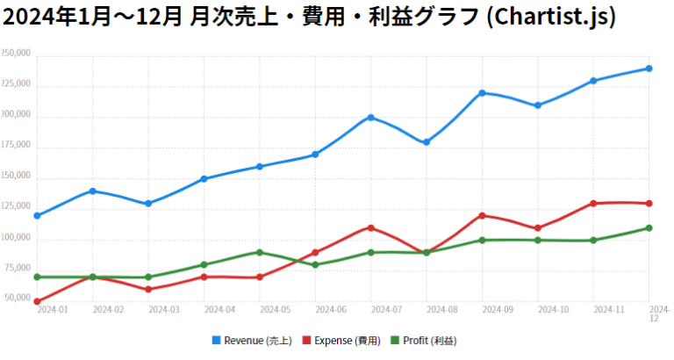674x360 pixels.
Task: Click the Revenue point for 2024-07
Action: [x=371, y=117]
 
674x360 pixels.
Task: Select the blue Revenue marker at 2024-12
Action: [x=649, y=68]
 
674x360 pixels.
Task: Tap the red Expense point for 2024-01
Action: [x=37, y=301]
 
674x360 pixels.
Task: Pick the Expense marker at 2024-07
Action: [x=371, y=227]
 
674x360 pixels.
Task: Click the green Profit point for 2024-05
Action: [x=260, y=252]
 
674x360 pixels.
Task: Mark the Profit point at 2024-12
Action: [x=649, y=227]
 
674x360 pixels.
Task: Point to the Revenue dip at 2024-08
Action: [x=427, y=142]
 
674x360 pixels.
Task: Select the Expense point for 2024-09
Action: [x=483, y=215]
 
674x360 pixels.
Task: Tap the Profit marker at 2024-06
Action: [x=315, y=264]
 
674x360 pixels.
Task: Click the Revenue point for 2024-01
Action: [x=37, y=215]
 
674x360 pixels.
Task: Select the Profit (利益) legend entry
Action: [x=423, y=341]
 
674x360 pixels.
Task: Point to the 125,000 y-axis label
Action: [x=16, y=207]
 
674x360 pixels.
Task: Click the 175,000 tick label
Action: [x=16, y=146]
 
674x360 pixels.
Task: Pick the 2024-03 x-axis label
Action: [x=164, y=310]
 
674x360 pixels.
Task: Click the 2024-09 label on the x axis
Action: [x=498, y=310]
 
